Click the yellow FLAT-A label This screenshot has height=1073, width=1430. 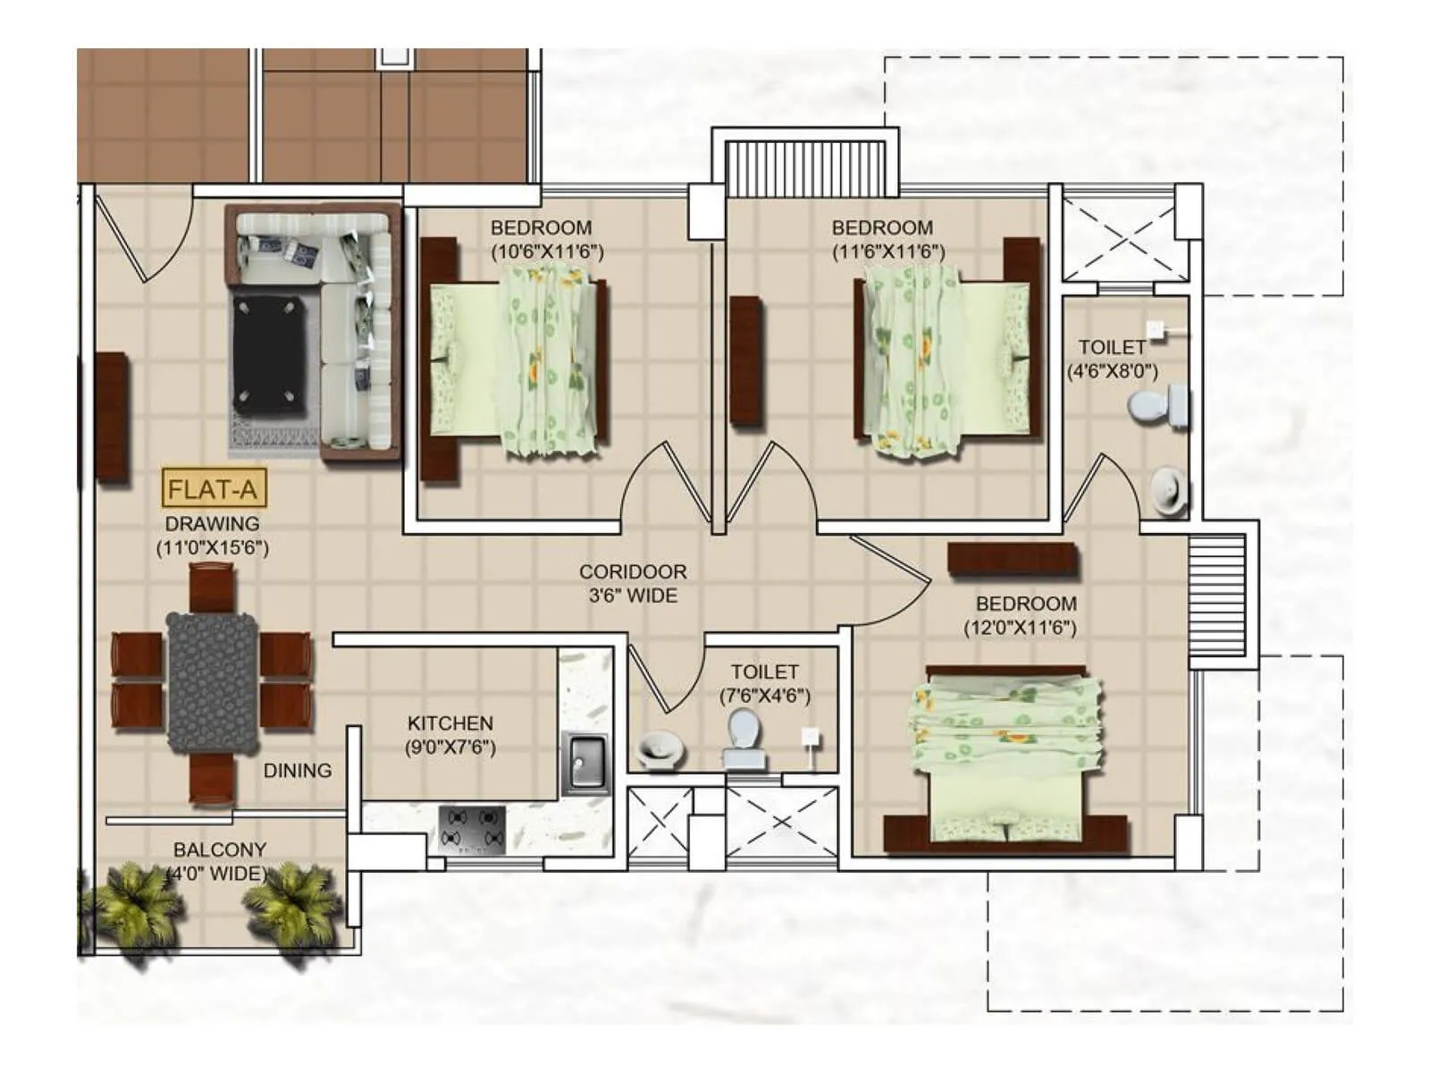tap(213, 489)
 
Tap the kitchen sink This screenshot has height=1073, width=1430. tap(585, 763)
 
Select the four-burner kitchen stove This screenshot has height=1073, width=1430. tap(473, 829)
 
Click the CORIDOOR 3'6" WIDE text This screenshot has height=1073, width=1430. tap(633, 583)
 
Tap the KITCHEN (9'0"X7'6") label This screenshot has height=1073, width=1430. tap(450, 735)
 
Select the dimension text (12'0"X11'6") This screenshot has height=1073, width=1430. tap(1020, 628)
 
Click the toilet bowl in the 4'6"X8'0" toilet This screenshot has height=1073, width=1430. tap(1157, 407)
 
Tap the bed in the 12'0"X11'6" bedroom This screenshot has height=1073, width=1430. tap(1006, 756)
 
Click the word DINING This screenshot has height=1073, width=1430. tap(297, 770)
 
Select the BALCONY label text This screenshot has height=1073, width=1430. tap(220, 849)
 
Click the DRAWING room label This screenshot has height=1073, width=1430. tap(212, 524)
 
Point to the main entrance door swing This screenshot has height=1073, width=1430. tap(143, 237)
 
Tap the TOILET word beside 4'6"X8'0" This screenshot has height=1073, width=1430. tap(1111, 347)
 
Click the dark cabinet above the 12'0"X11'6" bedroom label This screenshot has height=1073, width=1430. tap(1012, 559)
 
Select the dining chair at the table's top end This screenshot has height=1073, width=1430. tap(213, 587)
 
